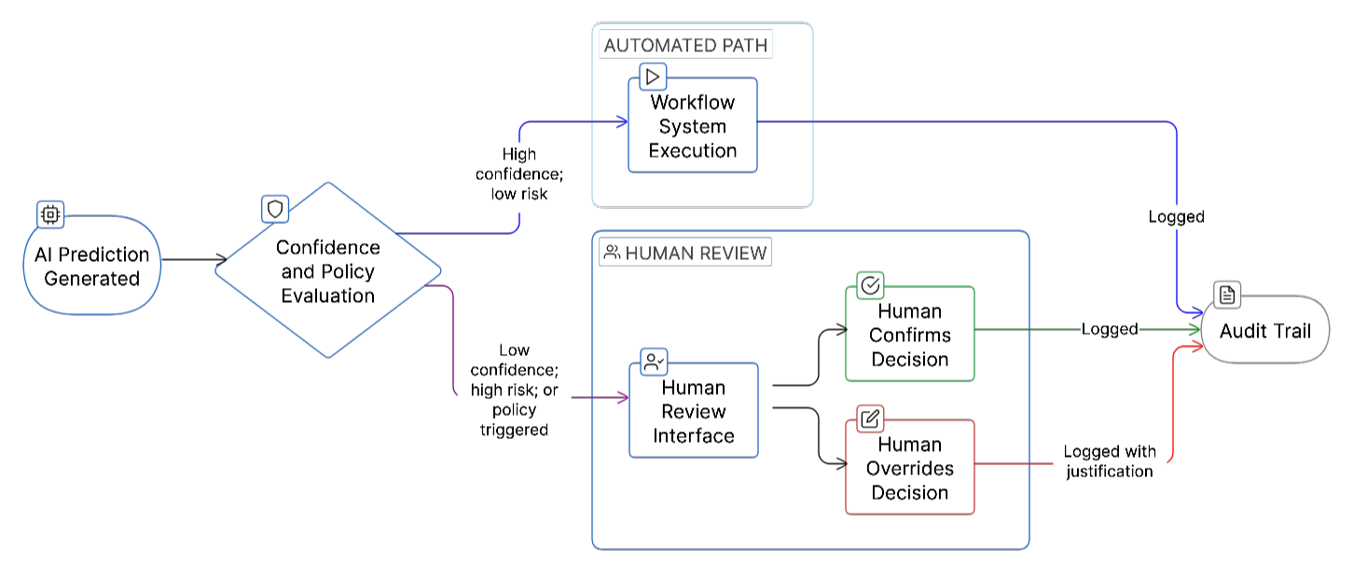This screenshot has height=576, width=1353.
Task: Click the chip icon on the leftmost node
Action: [x=50, y=215]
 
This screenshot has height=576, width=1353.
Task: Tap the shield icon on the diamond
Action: [x=275, y=209]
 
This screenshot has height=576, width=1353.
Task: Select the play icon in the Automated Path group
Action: [x=653, y=76]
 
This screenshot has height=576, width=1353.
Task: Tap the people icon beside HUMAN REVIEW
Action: [x=613, y=252]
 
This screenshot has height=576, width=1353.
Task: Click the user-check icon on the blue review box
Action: [x=654, y=363]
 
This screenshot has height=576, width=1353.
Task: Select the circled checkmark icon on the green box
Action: [x=870, y=285]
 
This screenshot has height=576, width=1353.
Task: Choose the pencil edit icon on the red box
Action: [x=870, y=418]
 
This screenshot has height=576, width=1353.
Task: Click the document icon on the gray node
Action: [x=1227, y=295]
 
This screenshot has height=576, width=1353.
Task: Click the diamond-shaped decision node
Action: [x=328, y=270]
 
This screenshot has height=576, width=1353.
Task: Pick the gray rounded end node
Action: [x=1265, y=330]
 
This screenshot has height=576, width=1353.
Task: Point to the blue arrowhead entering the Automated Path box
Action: [x=623, y=122]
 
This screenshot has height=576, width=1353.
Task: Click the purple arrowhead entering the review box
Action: [x=624, y=398]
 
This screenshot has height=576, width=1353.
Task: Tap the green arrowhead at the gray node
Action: [x=1197, y=330]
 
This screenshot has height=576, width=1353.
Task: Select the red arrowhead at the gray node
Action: [x=1197, y=347]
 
